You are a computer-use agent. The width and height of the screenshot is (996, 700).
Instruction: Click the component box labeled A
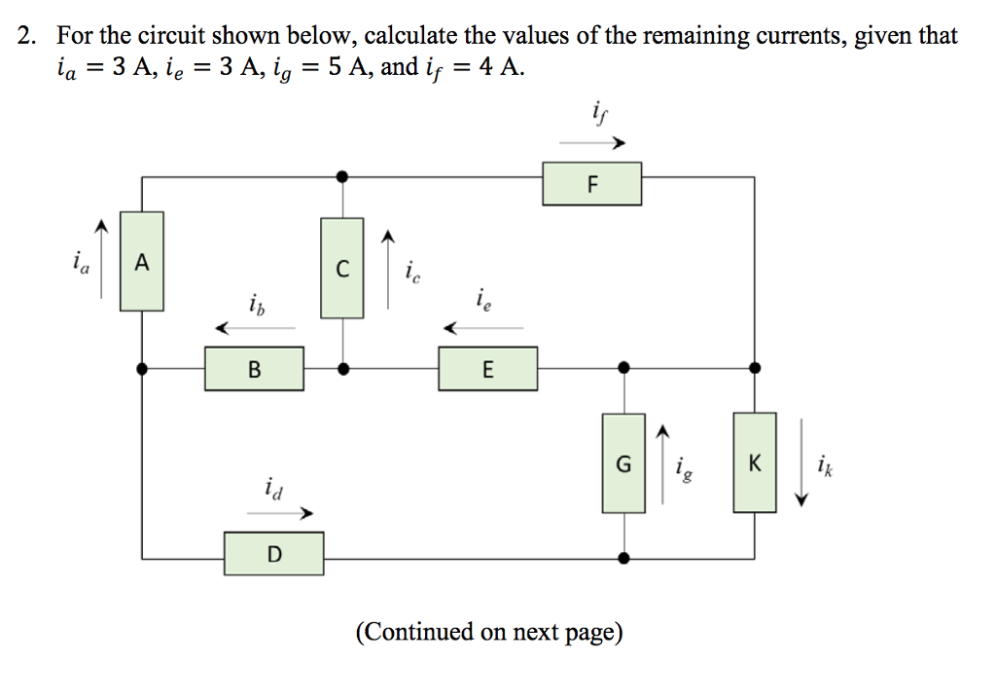click(142, 262)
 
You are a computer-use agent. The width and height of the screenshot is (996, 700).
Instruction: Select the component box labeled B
click(254, 370)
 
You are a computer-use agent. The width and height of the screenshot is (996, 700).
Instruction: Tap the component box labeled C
click(341, 268)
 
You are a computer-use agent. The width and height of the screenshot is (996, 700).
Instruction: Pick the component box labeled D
click(274, 554)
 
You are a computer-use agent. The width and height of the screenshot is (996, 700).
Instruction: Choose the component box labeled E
click(487, 370)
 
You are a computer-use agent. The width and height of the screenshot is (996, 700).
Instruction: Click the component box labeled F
click(591, 184)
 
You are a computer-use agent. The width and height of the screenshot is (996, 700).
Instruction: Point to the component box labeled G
click(623, 463)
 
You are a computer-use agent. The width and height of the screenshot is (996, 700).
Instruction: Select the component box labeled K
click(755, 463)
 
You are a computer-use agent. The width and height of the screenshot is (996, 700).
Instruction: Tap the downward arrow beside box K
click(801, 463)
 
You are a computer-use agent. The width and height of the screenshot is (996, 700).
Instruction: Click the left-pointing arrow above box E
click(482, 329)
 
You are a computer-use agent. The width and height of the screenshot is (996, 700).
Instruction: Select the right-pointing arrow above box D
click(289, 512)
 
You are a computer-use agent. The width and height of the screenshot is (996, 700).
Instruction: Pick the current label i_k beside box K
click(826, 462)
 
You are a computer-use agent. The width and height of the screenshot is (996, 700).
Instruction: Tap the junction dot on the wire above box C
click(341, 177)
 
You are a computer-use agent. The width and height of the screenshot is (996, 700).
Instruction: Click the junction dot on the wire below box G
click(623, 559)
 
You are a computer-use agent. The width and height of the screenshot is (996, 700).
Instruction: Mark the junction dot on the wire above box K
click(755, 368)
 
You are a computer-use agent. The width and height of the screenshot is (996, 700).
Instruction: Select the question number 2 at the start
click(26, 37)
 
